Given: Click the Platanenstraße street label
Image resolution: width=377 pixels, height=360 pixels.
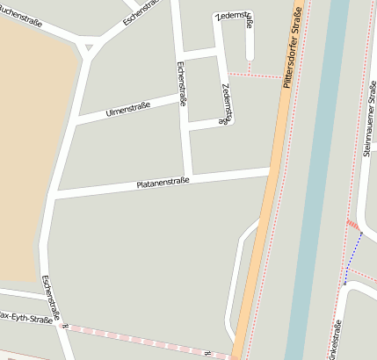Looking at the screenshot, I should [163, 183].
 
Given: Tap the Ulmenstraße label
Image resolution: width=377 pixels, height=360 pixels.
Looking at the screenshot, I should [128, 109].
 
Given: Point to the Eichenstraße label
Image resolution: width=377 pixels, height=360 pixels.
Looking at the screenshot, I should [182, 83].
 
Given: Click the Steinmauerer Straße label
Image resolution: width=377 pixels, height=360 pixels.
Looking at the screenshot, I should [369, 118].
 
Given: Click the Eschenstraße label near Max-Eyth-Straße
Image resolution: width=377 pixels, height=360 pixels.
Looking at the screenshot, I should [52, 296].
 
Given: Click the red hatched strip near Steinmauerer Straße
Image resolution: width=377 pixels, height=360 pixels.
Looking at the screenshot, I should [353, 227].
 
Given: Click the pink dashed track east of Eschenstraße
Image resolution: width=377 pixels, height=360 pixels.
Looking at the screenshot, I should [149, 341].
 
